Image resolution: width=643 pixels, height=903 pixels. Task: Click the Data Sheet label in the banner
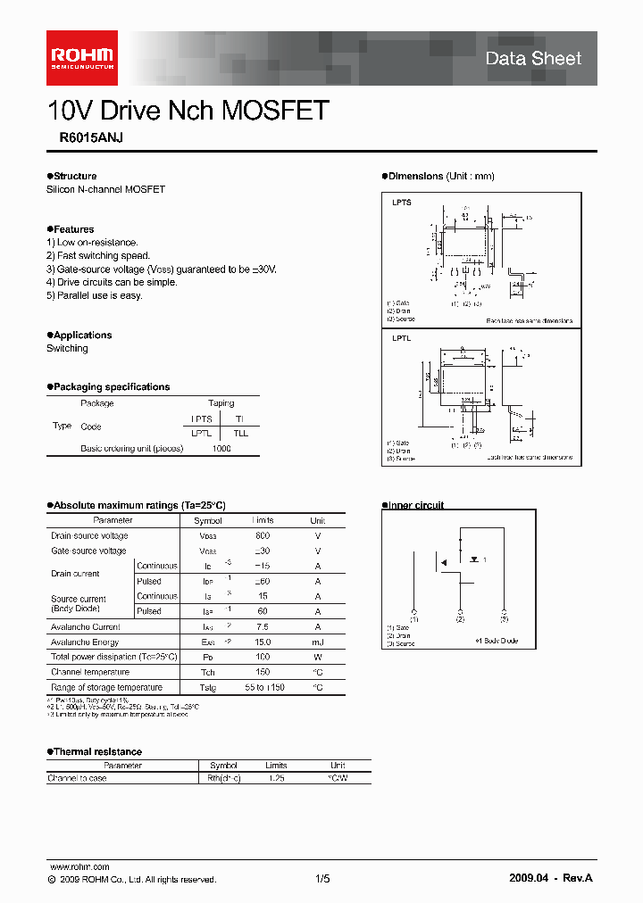click(x=533, y=59)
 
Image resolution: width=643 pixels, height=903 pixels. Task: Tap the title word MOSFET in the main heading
click(x=275, y=111)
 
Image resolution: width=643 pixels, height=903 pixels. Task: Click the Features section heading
click(x=72, y=229)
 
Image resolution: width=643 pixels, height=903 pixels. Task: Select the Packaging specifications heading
click(x=110, y=386)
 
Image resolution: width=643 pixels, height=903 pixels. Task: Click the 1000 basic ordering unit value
click(x=221, y=448)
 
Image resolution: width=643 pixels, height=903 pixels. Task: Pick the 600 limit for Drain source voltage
click(x=263, y=535)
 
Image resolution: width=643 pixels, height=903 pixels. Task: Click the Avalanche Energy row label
click(x=85, y=642)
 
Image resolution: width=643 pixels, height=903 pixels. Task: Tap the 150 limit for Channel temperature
click(x=263, y=672)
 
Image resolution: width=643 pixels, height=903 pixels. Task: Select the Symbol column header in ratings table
click(x=208, y=520)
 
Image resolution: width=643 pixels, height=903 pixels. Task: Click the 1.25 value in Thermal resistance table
click(x=276, y=778)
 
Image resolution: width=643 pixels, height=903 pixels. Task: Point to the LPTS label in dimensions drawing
click(x=402, y=203)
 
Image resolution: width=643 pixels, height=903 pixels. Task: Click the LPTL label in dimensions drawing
click(x=402, y=339)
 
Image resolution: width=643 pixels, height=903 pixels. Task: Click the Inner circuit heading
click(x=415, y=505)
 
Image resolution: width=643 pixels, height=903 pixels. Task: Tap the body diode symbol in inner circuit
click(x=472, y=559)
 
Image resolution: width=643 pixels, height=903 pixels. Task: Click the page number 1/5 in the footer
click(x=322, y=879)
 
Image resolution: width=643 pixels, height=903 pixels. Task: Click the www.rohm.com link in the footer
click(x=79, y=866)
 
